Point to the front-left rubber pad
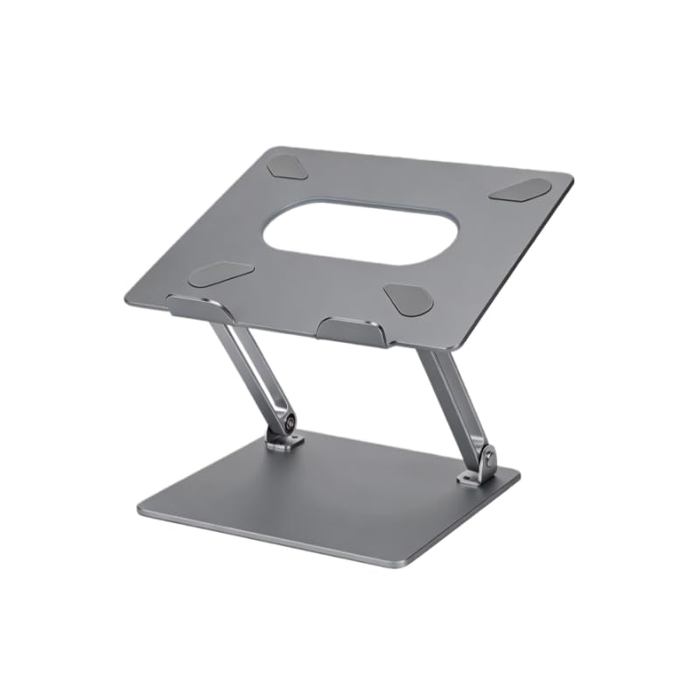pyautogui.click(x=221, y=276)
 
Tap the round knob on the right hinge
pyautogui.click(x=486, y=456)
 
